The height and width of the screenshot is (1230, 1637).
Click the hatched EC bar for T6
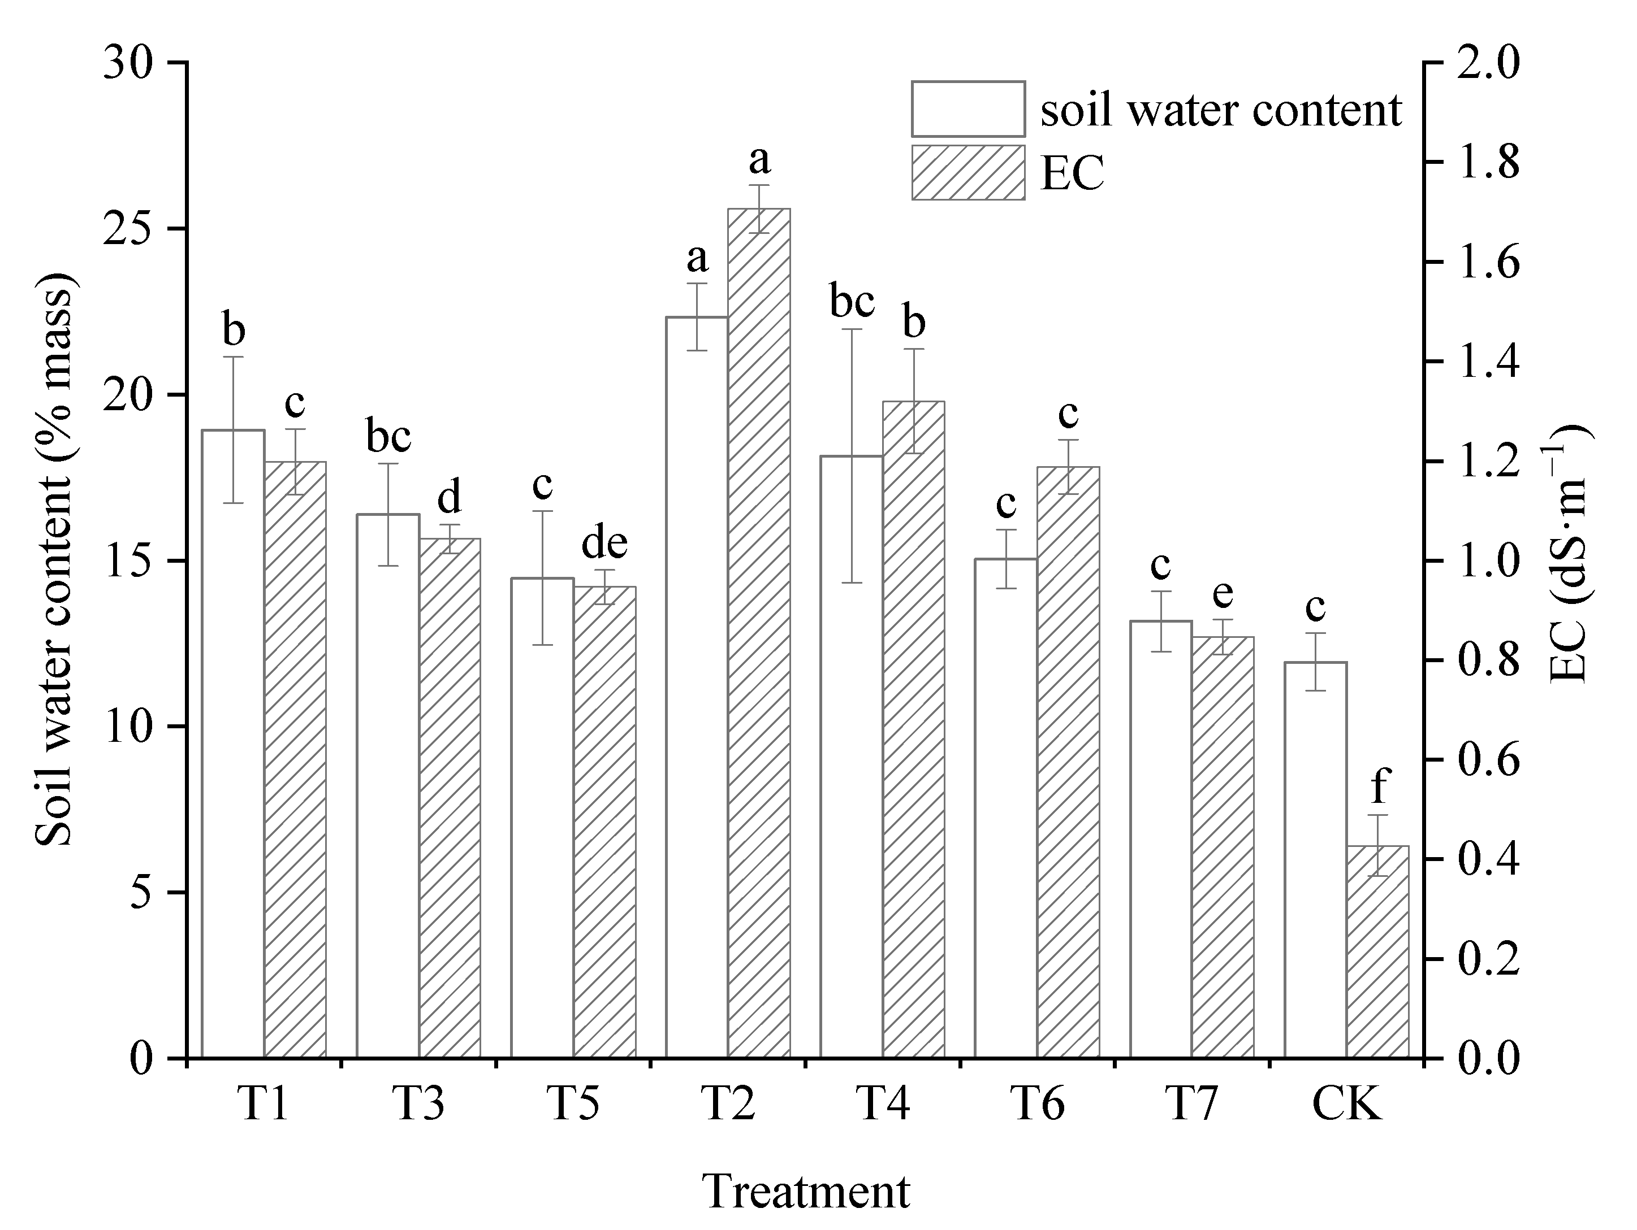pos(1068,762)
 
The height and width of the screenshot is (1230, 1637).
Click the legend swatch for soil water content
pos(968,108)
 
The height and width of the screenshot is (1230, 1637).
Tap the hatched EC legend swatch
pos(968,172)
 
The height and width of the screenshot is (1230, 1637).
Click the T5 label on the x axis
pos(573,1106)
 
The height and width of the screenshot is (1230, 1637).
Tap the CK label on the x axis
pos(1346,1106)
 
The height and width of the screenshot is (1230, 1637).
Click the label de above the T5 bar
pos(604,544)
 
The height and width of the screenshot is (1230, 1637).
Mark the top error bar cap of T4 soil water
pos(852,328)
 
